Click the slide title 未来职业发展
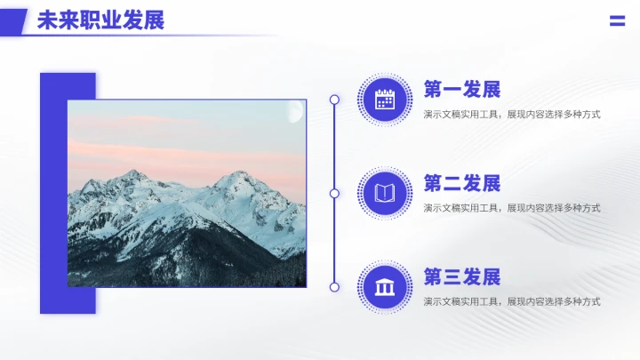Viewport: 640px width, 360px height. [100, 20]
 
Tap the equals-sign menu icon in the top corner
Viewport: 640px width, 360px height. [617, 21]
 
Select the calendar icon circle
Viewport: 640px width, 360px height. [384, 100]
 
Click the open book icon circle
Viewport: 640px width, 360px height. [384, 193]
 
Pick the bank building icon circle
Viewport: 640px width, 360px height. [384, 287]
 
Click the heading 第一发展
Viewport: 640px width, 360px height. [462, 90]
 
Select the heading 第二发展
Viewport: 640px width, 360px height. [462, 184]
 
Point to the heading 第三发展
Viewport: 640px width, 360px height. [462, 277]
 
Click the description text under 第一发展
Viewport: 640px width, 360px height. [511, 114]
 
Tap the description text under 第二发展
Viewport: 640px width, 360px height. [511, 208]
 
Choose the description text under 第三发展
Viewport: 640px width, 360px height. [511, 302]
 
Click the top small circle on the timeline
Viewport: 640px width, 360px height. [334, 100]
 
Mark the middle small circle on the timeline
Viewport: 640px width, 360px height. [334, 193]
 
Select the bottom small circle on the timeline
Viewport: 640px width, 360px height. [334, 287]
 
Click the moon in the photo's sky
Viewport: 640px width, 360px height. [296, 111]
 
